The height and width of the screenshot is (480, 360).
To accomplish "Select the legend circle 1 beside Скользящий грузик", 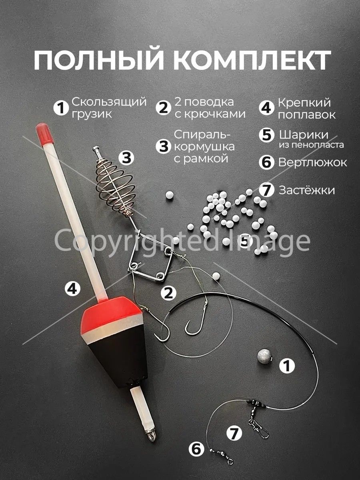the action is pyautogui.click(x=61, y=108).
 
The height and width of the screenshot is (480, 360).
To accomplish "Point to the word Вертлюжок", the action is pyautogui.click(x=312, y=162).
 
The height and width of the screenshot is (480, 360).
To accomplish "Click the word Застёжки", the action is pyautogui.click(x=307, y=190).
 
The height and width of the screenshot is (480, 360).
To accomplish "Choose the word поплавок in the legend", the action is pyautogui.click(x=307, y=115).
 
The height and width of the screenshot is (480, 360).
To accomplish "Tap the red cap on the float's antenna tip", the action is pyautogui.click(x=44, y=132).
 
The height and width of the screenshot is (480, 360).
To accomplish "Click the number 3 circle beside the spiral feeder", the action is pyautogui.click(x=126, y=158).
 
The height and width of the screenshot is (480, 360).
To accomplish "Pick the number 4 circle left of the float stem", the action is pyautogui.click(x=72, y=289).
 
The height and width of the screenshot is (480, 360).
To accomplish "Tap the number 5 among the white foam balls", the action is pyautogui.click(x=245, y=241).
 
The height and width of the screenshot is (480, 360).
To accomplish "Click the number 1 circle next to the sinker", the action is pyautogui.click(x=287, y=366).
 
